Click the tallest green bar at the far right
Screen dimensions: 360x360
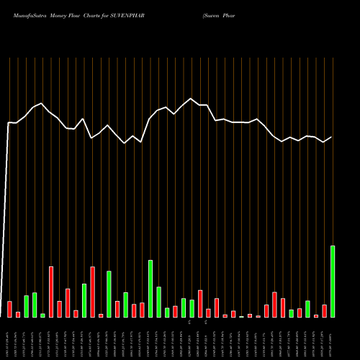(x=333, y=281)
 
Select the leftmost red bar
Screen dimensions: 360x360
(x=9, y=309)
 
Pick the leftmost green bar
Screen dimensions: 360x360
(x=26, y=306)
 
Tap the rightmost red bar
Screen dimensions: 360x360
(x=324, y=311)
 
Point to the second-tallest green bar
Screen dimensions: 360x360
(x=150, y=288)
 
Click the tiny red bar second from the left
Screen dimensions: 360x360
(x=18, y=314)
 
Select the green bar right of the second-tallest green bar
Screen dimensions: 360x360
(x=158, y=302)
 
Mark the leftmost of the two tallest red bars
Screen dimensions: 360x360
(x=51, y=292)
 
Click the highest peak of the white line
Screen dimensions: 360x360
(x=192, y=99)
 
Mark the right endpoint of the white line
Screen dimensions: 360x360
(x=332, y=137)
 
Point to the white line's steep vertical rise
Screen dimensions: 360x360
(x=7, y=216)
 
